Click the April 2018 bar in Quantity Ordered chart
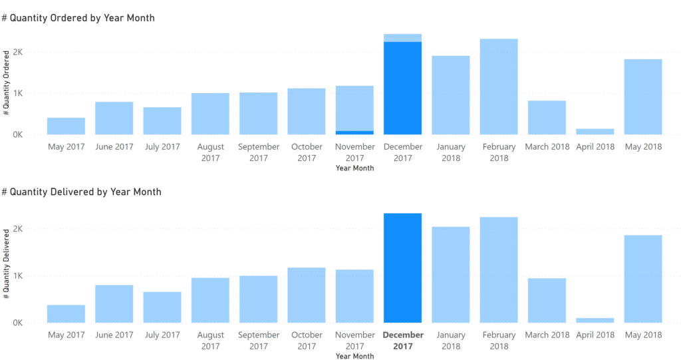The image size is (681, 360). click(x=595, y=131)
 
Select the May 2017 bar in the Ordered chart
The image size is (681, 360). click(x=66, y=126)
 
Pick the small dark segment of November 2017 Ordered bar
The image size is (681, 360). click(x=354, y=132)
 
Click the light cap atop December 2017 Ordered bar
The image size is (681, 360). click(x=402, y=38)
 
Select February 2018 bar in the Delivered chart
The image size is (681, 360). click(x=499, y=270)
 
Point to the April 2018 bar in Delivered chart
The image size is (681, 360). click(x=595, y=320)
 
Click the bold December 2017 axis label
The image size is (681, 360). click(x=402, y=340)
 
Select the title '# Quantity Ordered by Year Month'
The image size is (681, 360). click(x=78, y=18)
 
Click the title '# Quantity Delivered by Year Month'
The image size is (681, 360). click(x=81, y=192)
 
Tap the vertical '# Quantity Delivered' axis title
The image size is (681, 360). click(x=7, y=275)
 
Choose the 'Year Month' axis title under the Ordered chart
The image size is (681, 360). click(x=354, y=168)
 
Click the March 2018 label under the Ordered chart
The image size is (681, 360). click(x=547, y=147)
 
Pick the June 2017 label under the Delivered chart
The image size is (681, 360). click(x=114, y=335)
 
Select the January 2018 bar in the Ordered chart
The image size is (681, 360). click(x=450, y=95)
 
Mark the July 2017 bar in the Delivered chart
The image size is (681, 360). click(x=162, y=307)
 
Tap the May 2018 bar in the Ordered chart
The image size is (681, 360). click(x=642, y=96)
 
